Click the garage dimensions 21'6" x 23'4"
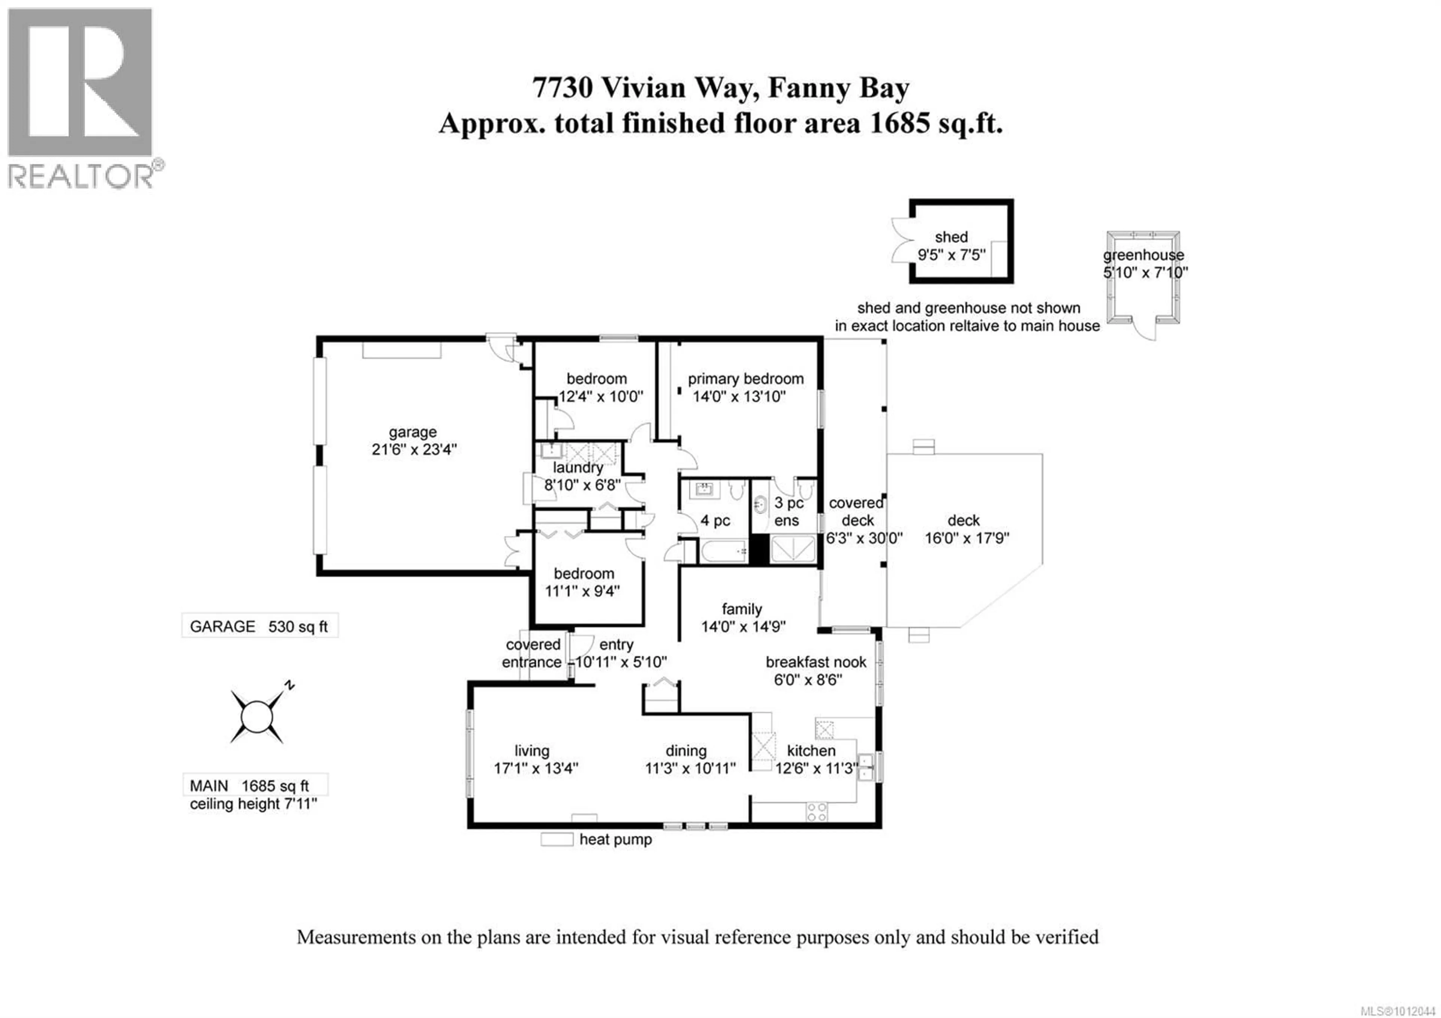pos(414,449)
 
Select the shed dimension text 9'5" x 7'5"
pos(951,255)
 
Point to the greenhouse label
pos(1143,255)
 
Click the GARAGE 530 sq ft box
pos(260,626)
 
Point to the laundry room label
pos(578,468)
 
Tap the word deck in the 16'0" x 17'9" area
pos(963,520)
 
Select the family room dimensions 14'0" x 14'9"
pos(743,626)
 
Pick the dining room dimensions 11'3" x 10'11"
pos(690,768)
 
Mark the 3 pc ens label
pos(788,512)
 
